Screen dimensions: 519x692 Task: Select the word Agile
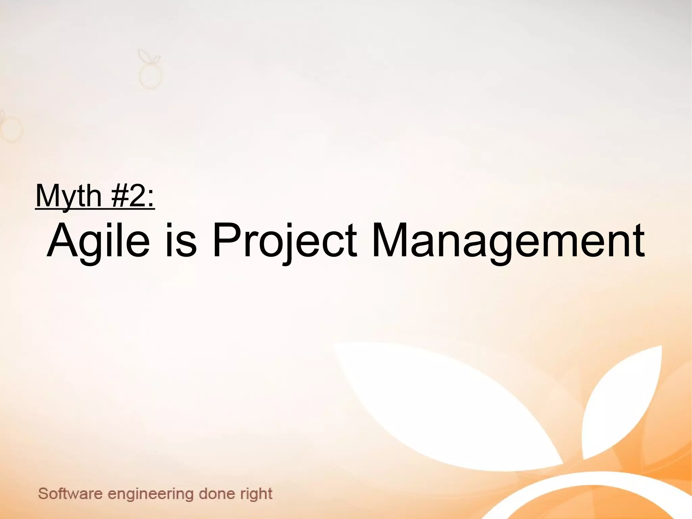(98, 241)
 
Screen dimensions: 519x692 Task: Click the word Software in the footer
(70, 494)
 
